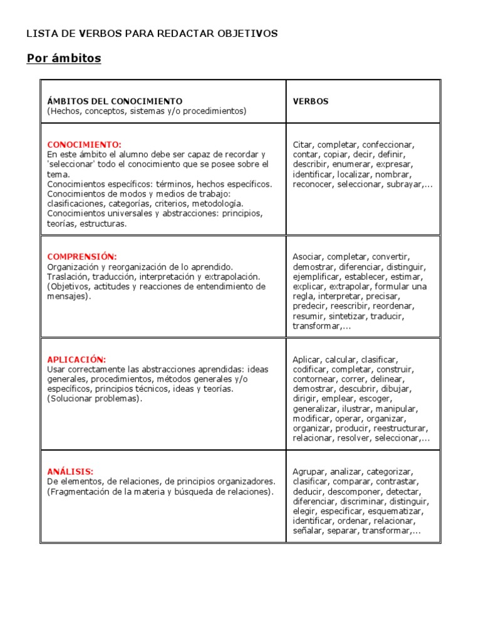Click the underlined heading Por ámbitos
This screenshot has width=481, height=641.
pyautogui.click(x=63, y=59)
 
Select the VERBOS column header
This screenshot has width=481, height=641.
pyautogui.click(x=311, y=101)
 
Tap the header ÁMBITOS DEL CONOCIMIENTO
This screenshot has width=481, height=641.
pyautogui.click(x=115, y=101)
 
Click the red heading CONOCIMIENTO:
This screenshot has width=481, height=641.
pyautogui.click(x=85, y=145)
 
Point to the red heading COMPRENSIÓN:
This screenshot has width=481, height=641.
pyautogui.click(x=82, y=257)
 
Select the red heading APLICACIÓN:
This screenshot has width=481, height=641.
pyautogui.click(x=76, y=359)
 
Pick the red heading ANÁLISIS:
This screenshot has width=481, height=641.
pyautogui.click(x=70, y=471)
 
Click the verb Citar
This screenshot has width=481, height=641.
pyautogui.click(x=304, y=145)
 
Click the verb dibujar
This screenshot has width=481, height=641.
pyautogui.click(x=407, y=389)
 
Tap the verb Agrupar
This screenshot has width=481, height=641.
pyautogui.click(x=309, y=471)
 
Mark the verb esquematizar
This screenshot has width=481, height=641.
pyautogui.click(x=397, y=511)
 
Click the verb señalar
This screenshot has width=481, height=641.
pyautogui.click(x=306, y=531)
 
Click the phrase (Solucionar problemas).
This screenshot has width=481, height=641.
pyautogui.click(x=95, y=399)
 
